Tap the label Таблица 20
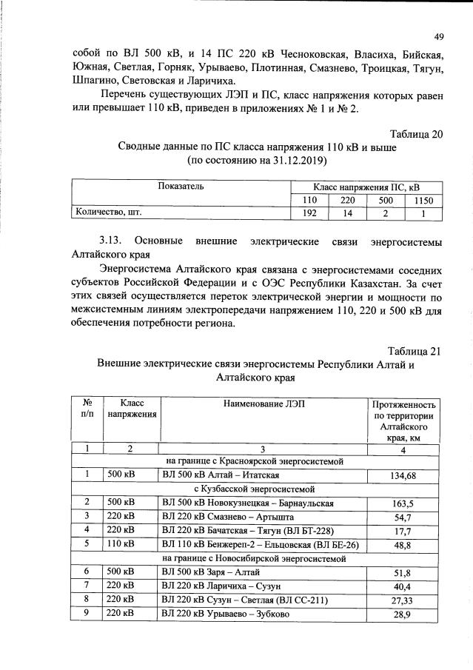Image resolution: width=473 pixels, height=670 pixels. point(416,134)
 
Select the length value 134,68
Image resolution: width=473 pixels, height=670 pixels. point(404,475)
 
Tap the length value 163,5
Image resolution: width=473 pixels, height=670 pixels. point(404,503)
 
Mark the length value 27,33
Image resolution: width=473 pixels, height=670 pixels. point(404,600)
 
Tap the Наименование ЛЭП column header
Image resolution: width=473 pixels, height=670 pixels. point(263,403)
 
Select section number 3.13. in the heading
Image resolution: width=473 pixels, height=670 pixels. point(115,242)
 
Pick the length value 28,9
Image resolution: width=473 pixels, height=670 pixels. point(404,614)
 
